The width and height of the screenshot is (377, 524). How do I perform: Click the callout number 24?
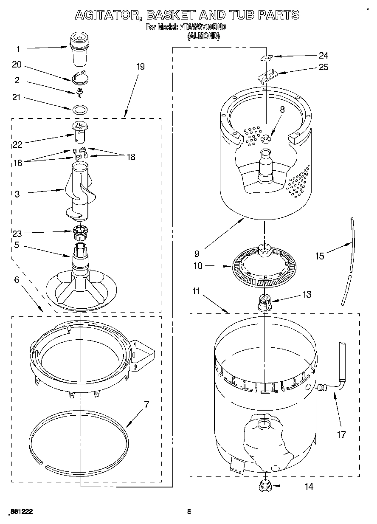324,55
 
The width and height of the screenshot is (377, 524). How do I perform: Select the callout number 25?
324,67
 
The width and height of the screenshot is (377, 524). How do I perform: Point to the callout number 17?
341,434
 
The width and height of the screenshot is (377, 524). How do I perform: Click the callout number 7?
146,404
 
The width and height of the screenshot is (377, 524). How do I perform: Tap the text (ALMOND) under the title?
204,37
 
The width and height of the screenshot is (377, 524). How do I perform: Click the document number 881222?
21,512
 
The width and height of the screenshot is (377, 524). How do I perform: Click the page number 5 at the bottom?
190,512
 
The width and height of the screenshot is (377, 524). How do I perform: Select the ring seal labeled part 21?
80,109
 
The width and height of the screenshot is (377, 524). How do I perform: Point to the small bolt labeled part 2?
79,91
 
